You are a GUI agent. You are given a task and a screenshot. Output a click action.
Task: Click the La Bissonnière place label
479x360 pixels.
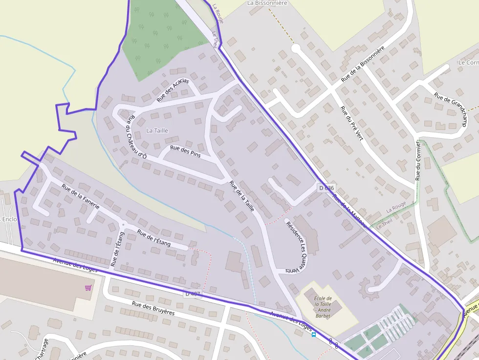pyautogui.click(x=267, y=3)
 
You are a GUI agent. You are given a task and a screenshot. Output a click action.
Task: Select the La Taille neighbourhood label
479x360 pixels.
pyautogui.click(x=157, y=130)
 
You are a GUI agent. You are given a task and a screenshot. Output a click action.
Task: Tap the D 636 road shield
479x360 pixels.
pyautogui.click(x=326, y=188)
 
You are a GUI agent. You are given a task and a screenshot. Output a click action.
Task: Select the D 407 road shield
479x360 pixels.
pyautogui.click(x=193, y=293)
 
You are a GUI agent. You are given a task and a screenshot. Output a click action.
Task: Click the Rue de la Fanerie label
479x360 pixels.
pyautogui.click(x=81, y=197)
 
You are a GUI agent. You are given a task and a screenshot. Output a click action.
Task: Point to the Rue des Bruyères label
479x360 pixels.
pyautogui.click(x=153, y=309)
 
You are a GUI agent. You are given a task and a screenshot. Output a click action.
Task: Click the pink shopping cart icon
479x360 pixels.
pyautogui.click(x=88, y=288)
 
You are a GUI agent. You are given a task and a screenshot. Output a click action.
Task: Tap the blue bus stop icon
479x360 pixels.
pyautogui.click(x=314, y=335)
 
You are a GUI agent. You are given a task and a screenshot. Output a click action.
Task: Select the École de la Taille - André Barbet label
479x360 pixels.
pyautogui.click(x=323, y=307)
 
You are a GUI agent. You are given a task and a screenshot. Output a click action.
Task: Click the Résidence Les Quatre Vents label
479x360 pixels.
pyautogui.click(x=297, y=247)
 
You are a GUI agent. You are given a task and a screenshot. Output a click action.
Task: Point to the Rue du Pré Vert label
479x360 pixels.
pyautogui.click(x=351, y=124)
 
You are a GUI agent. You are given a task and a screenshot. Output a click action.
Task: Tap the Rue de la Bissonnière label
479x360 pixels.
pyautogui.click(x=363, y=64)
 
